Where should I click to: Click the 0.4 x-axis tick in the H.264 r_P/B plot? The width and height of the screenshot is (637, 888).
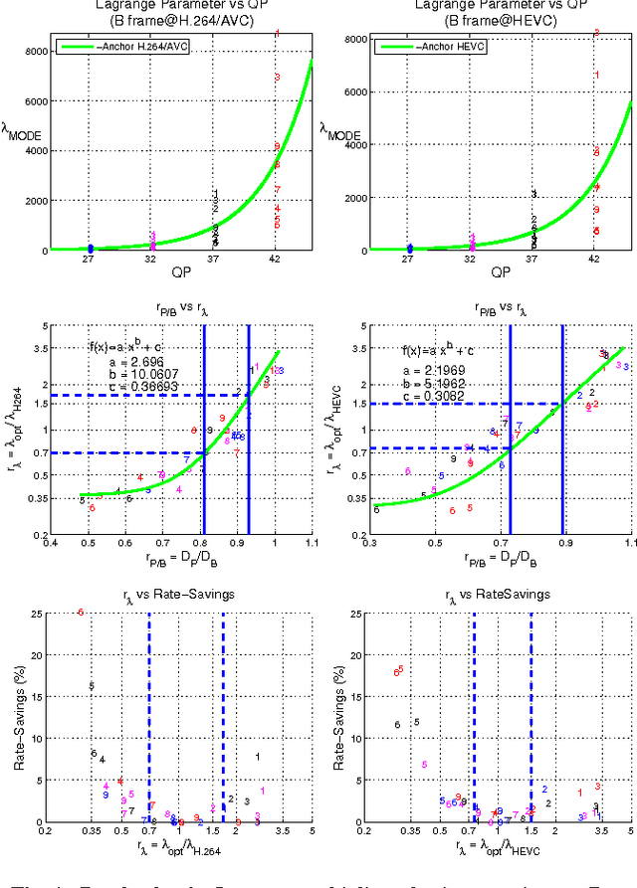point(52,542)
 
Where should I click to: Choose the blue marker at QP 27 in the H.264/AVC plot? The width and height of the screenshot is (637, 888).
point(91,248)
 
